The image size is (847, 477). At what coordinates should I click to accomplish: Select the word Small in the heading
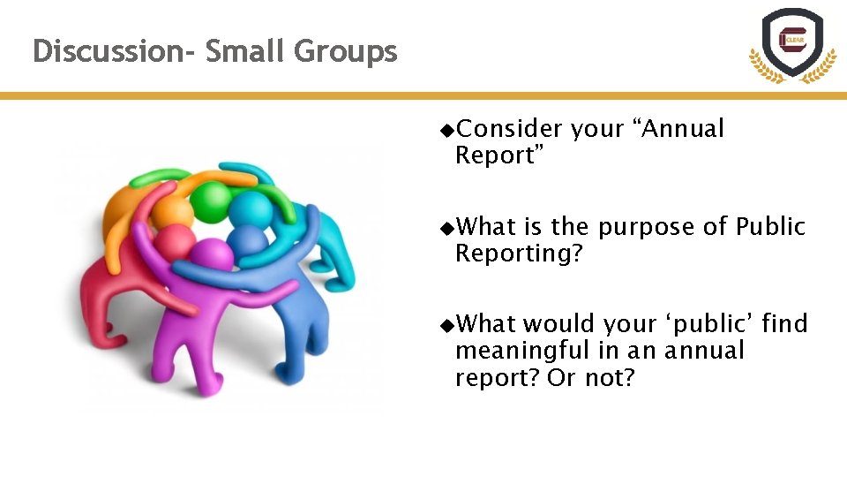[x=246, y=51]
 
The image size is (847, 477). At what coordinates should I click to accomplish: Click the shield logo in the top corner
[x=791, y=44]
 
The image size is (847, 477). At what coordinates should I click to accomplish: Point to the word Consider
[x=509, y=129]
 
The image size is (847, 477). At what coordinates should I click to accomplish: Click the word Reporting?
[x=519, y=254]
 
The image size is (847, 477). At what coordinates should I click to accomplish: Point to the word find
[x=784, y=324]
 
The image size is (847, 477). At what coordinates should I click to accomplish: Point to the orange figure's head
[x=173, y=212]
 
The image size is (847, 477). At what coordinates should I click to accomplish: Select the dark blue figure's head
[x=250, y=240]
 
